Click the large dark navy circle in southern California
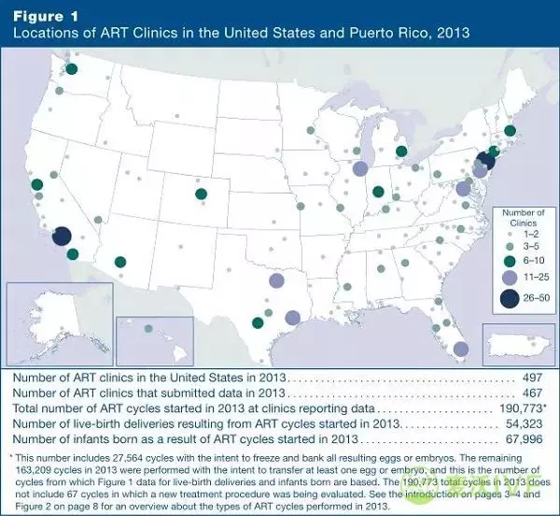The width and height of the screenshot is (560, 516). click(62, 236)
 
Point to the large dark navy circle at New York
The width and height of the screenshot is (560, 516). click(485, 160)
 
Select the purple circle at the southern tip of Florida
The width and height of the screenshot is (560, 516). click(460, 349)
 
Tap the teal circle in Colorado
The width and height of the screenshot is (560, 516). click(201, 194)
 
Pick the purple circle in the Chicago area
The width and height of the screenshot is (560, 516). click(359, 168)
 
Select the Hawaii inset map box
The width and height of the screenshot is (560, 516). click(154, 339)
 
